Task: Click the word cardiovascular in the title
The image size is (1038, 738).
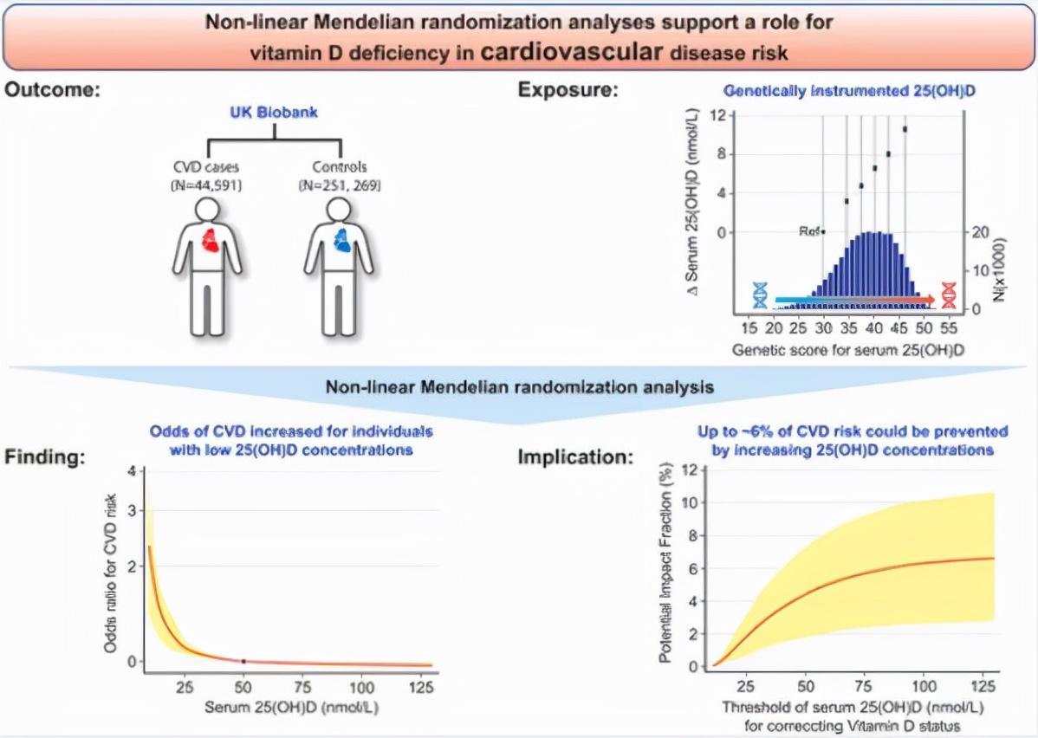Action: [x=571, y=51]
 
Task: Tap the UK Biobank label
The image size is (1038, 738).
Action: [x=275, y=113]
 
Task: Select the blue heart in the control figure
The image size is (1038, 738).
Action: [x=343, y=241]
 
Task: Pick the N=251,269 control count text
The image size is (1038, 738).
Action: [x=339, y=184]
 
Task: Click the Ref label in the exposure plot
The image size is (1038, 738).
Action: [x=808, y=232]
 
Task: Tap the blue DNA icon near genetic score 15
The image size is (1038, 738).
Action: [x=761, y=295]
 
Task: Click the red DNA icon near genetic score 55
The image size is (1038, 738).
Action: [x=949, y=295]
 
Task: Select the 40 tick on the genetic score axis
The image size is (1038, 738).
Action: [x=873, y=330]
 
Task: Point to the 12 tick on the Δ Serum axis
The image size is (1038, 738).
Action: [x=716, y=116]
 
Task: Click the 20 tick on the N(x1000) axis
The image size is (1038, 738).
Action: [x=980, y=233]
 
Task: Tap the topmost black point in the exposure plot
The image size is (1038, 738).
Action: [x=905, y=129]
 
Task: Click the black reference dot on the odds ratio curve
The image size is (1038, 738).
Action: [x=243, y=661]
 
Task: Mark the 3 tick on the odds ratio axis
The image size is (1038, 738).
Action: [x=131, y=510]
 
